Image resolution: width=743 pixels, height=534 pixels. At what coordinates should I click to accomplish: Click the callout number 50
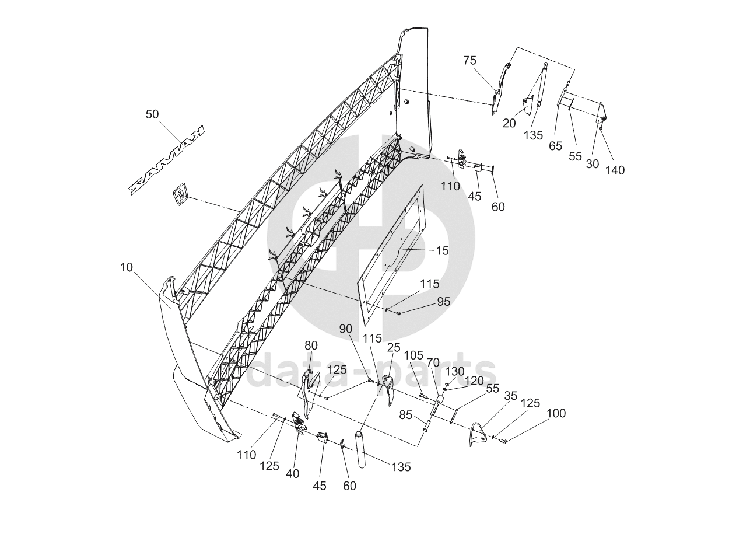pyautogui.click(x=152, y=114)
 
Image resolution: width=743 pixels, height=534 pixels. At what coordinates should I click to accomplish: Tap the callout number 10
pyautogui.click(x=127, y=267)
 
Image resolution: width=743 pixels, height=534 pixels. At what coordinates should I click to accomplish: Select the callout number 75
pyautogui.click(x=469, y=60)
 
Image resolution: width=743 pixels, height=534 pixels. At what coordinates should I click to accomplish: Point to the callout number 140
pyautogui.click(x=615, y=170)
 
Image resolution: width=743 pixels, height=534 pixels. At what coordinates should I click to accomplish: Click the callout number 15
pyautogui.click(x=442, y=250)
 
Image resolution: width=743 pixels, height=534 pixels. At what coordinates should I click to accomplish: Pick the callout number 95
pyautogui.click(x=444, y=301)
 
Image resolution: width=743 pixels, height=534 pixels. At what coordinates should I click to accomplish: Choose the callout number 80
pyautogui.click(x=311, y=345)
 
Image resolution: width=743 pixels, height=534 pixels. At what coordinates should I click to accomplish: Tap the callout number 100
pyautogui.click(x=556, y=413)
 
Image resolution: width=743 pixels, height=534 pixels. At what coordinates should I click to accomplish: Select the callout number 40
pyautogui.click(x=293, y=474)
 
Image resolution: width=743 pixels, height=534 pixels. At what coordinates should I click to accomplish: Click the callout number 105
pyautogui.click(x=413, y=355)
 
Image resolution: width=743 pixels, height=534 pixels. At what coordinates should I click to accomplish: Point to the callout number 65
pyautogui.click(x=556, y=146)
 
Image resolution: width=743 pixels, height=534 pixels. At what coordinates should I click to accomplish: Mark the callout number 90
pyautogui.click(x=346, y=329)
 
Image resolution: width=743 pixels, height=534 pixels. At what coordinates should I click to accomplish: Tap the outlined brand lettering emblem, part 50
pyautogui.click(x=167, y=160)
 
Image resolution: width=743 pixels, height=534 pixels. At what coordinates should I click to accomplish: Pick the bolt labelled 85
pyautogui.click(x=426, y=425)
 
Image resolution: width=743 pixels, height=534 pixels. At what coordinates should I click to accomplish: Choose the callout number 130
pyautogui.click(x=454, y=371)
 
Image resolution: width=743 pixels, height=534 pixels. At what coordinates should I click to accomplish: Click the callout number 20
pyautogui.click(x=509, y=124)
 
